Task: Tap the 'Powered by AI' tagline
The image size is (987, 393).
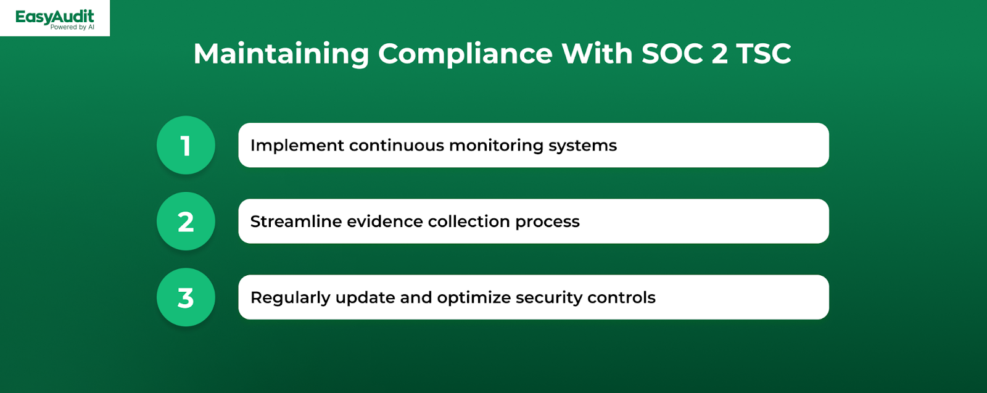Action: pyautogui.click(x=72, y=27)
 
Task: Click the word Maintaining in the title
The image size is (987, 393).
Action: pyautogui.click(x=281, y=54)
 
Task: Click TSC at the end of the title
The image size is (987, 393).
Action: pyautogui.click(x=764, y=53)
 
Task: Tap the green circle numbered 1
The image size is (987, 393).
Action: pyautogui.click(x=186, y=145)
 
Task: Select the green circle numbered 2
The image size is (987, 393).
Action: pyautogui.click(x=186, y=221)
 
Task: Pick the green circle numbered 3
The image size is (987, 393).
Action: pyautogui.click(x=186, y=297)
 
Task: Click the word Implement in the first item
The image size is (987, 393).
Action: pyautogui.click(x=297, y=146)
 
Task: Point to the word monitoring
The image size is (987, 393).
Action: pyautogui.click(x=496, y=146)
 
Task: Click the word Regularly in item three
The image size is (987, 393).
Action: pyautogui.click(x=291, y=298)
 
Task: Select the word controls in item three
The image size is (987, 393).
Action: pyautogui.click(x=621, y=297)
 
